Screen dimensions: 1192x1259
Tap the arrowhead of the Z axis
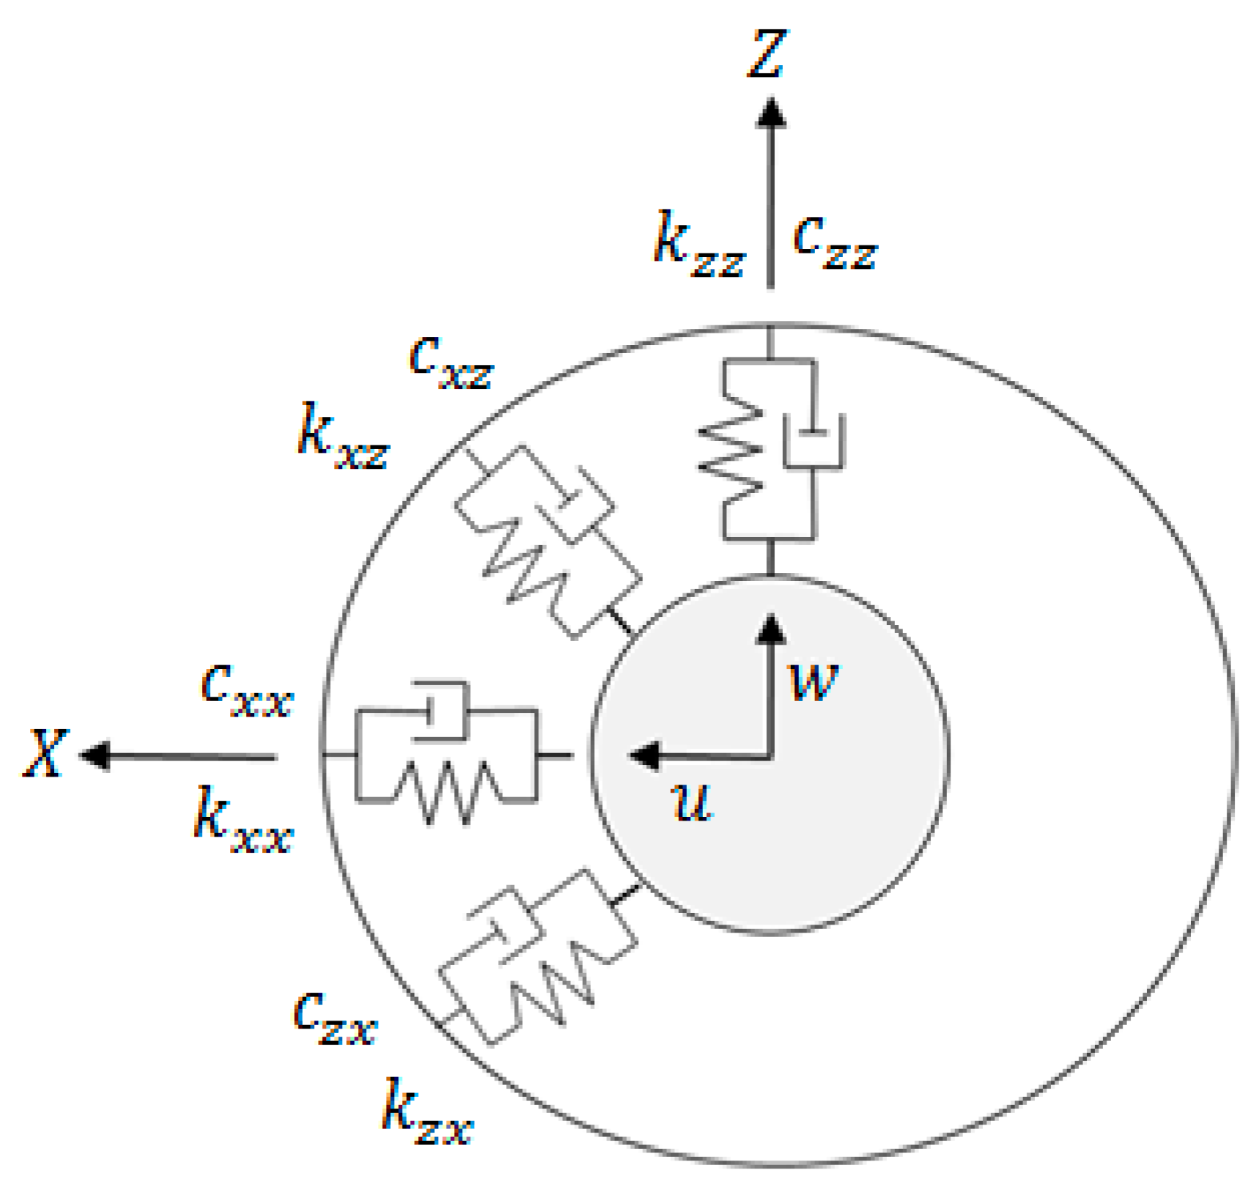(x=770, y=114)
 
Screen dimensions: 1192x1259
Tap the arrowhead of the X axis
(x=94, y=755)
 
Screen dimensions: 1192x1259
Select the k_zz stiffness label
(x=698, y=245)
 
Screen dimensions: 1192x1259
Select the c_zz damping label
(x=835, y=243)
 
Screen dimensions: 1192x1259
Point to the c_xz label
(x=451, y=362)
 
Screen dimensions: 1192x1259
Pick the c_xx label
(x=247, y=689)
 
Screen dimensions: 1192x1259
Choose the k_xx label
(x=243, y=821)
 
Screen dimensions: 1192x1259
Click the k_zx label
(x=427, y=1112)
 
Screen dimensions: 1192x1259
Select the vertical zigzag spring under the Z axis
(x=731, y=448)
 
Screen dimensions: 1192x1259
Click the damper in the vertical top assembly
(x=813, y=441)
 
